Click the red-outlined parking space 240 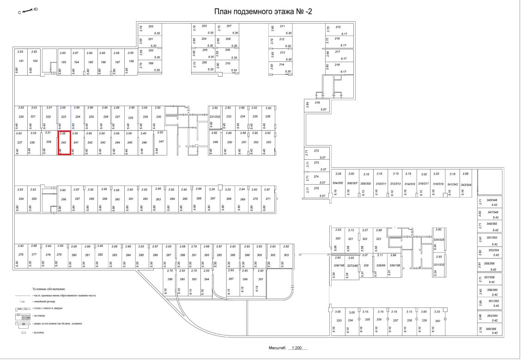tap(64, 143)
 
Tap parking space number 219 tap(317, 102)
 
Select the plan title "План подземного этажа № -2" tap(261, 11)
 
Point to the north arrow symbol tap(27, 10)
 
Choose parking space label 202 tap(151, 26)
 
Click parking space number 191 tap(20, 61)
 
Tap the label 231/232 tap(215, 116)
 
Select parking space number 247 tap(161, 141)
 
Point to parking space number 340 tap(437, 320)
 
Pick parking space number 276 tap(20, 255)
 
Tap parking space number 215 tap(338, 27)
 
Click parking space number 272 tap(316, 151)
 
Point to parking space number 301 tap(260, 279)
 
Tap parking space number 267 tap(212, 198)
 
